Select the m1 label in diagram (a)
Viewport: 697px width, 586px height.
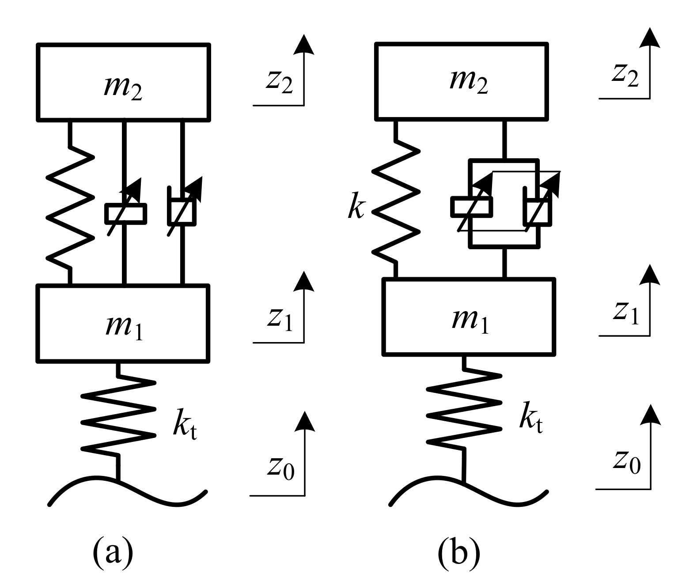coord(124,327)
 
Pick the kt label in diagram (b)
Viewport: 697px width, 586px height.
coord(530,418)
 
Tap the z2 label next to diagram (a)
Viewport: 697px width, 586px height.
coord(279,81)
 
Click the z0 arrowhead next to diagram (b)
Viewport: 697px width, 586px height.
coord(650,415)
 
